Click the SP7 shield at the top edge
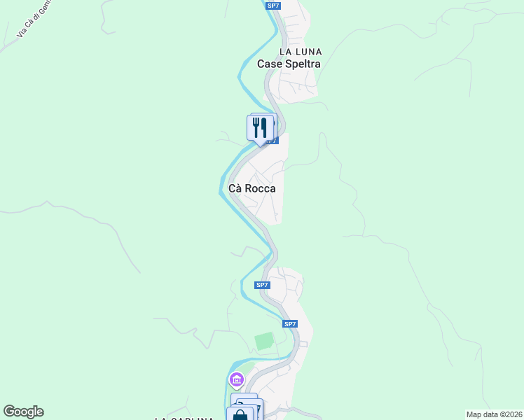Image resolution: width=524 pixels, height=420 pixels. pyautogui.click(x=274, y=6)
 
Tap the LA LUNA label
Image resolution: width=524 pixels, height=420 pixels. pyautogui.click(x=301, y=52)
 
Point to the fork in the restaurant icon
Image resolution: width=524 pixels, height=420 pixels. pyautogui.click(x=256, y=127)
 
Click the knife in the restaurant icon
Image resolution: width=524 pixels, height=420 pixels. pyautogui.click(x=265, y=127)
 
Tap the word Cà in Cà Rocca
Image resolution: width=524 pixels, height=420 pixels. pyautogui.click(x=236, y=189)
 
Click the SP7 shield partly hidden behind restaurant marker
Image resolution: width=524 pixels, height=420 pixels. pyautogui.click(x=273, y=141)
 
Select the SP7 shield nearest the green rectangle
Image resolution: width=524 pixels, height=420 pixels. pyautogui.click(x=290, y=324)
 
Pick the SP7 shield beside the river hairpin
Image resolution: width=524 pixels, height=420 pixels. pyautogui.click(x=262, y=285)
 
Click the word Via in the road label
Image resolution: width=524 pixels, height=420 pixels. pyautogui.click(x=21, y=32)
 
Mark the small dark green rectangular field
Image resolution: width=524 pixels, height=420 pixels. pyautogui.click(x=264, y=342)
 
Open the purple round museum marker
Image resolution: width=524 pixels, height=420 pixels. pyautogui.click(x=236, y=380)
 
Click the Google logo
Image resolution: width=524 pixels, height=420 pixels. pyautogui.click(x=23, y=412)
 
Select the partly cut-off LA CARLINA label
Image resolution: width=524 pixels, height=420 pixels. pyautogui.click(x=184, y=418)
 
